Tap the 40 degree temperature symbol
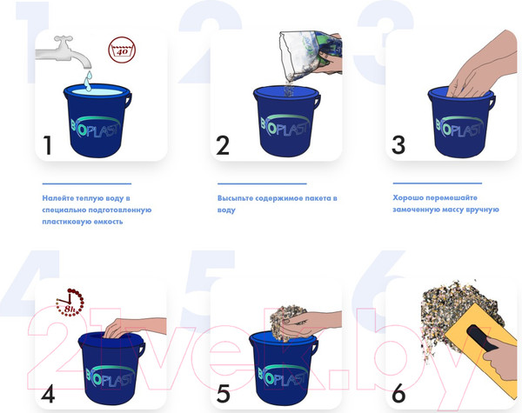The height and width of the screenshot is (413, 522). pos(122,50)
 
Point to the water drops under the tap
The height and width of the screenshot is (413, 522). pos(88,81)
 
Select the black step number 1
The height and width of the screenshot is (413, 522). pos(48,145)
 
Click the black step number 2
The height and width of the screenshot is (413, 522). pos(223,145)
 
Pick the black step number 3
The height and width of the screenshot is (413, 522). pos(398,144)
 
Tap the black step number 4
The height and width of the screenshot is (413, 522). pos(48,394)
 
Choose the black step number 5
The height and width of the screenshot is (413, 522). pos(223,394)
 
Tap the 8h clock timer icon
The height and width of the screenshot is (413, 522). pos(70,303)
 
